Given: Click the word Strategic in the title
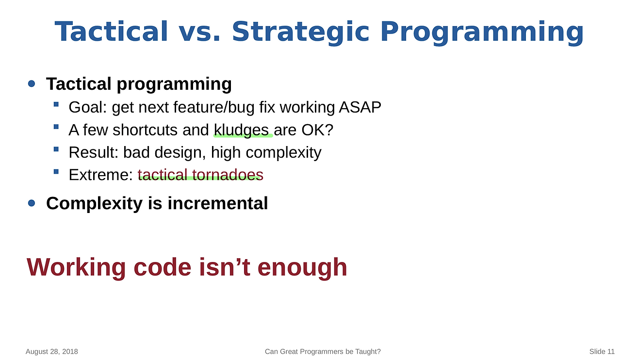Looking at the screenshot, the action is click(x=300, y=33).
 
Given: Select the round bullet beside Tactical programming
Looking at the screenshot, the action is click(x=32, y=83).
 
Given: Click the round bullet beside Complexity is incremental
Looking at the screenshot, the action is click(x=32, y=203).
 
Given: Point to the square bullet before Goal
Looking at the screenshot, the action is click(x=56, y=104).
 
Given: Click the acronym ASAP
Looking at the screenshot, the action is click(x=360, y=107).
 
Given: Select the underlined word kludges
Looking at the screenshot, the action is click(x=241, y=130).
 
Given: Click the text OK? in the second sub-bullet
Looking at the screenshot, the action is click(x=317, y=130).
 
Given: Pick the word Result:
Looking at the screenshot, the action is click(x=94, y=152).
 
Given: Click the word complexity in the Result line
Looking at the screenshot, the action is click(x=284, y=153).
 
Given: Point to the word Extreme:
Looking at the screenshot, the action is click(x=101, y=175).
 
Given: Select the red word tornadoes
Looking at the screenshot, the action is click(x=228, y=175).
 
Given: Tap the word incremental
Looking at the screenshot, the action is click(x=218, y=203).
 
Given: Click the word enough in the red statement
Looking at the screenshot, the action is click(x=302, y=267).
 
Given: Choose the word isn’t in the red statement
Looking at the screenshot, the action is click(x=225, y=267).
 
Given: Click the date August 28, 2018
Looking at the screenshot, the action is click(x=52, y=352).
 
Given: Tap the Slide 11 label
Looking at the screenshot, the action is click(x=602, y=351).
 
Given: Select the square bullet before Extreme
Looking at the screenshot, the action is click(x=56, y=172).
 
